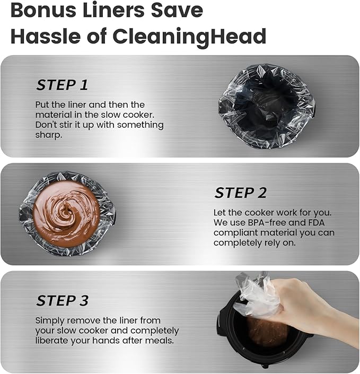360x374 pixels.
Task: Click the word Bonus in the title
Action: pyautogui.click(x=43, y=10)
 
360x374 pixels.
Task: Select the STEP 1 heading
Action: pyautogui.click(x=62, y=85)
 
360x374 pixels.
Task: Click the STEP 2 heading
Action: pyautogui.click(x=241, y=193)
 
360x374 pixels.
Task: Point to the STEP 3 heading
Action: pyautogui.click(x=63, y=300)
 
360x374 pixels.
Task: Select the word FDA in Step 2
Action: pyautogui.click(x=317, y=222)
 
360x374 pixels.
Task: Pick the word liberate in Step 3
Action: pyautogui.click(x=51, y=341)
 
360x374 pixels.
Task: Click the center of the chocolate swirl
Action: pyautogui.click(x=66, y=213)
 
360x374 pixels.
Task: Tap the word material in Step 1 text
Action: pyautogui.click(x=54, y=115)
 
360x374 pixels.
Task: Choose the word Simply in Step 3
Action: pyautogui.click(x=50, y=321)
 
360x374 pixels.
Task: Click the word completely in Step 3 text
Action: pyautogui.click(x=155, y=331)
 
